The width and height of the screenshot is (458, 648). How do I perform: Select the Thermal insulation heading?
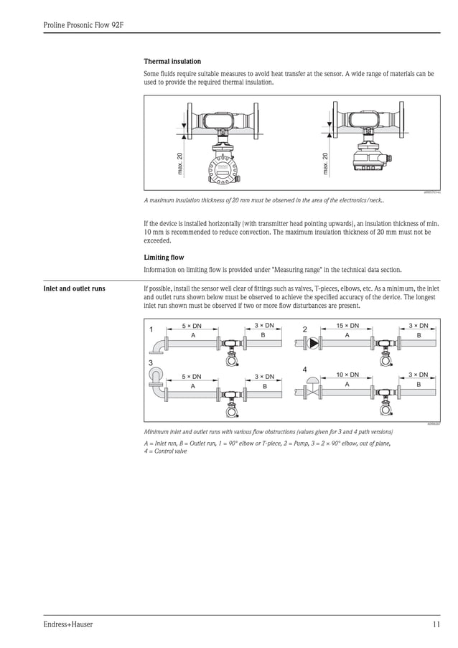tap(172, 62)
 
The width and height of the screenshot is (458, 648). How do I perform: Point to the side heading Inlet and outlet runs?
tap(75, 289)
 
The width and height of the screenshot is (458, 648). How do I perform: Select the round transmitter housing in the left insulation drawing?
tap(223, 171)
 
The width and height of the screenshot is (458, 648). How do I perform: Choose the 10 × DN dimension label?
tap(347, 375)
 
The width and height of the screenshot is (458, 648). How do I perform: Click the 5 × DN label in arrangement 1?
tap(192, 326)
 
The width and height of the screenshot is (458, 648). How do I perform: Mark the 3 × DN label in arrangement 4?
tap(418, 375)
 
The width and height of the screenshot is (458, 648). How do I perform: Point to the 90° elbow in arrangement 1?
tap(156, 347)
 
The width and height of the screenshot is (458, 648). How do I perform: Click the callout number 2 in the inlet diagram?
tap(304, 330)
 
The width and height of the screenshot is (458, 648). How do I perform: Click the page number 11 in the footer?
tap(436, 624)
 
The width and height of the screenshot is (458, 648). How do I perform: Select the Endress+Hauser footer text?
tap(68, 624)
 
